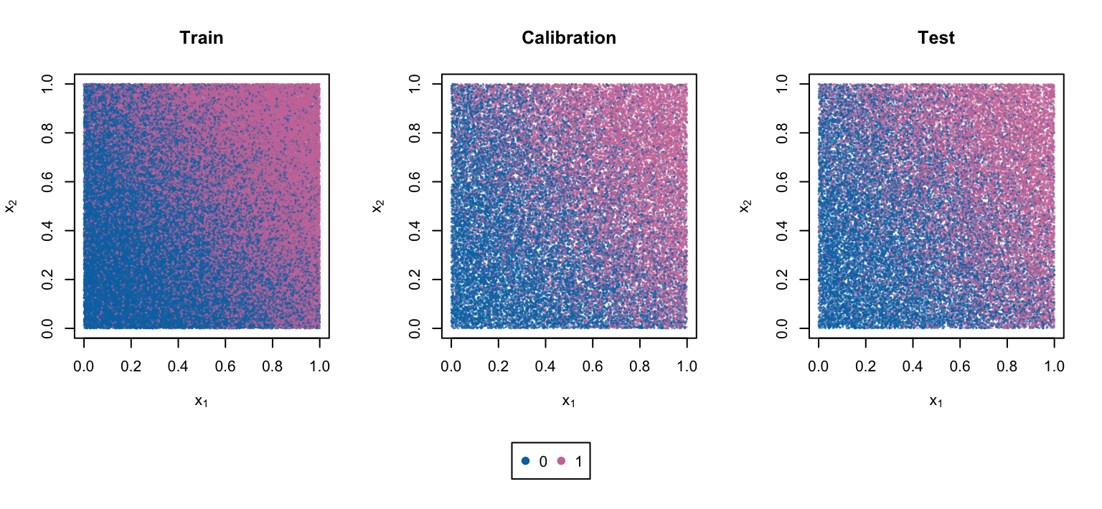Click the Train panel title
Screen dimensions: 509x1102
click(202, 38)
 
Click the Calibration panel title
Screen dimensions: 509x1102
click(569, 38)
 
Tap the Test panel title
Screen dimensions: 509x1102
click(936, 38)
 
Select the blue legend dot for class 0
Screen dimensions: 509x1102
click(525, 461)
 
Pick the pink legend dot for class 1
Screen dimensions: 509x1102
click(561, 461)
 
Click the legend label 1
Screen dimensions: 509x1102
click(578, 461)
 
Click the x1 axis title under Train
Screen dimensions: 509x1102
click(202, 401)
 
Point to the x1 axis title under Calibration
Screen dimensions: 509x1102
click(569, 401)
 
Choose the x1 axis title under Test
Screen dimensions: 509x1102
click(936, 401)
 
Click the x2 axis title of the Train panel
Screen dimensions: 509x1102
click(11, 206)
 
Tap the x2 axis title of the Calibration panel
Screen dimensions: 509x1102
click(378, 206)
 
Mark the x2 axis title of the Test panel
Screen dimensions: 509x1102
click(745, 206)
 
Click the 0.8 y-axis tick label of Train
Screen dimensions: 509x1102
click(47, 133)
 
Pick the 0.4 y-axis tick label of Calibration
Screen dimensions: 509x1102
click(415, 231)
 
